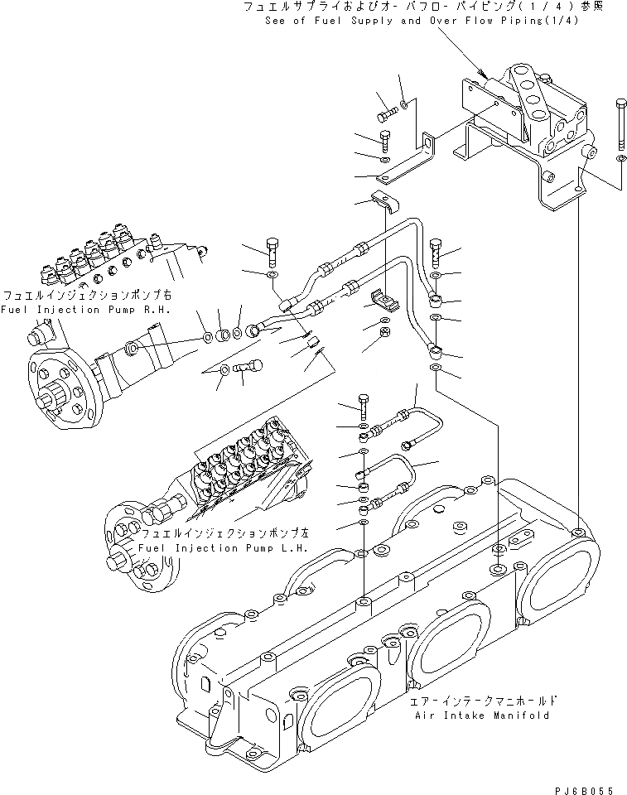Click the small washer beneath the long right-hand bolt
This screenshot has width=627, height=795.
pos(620,157)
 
